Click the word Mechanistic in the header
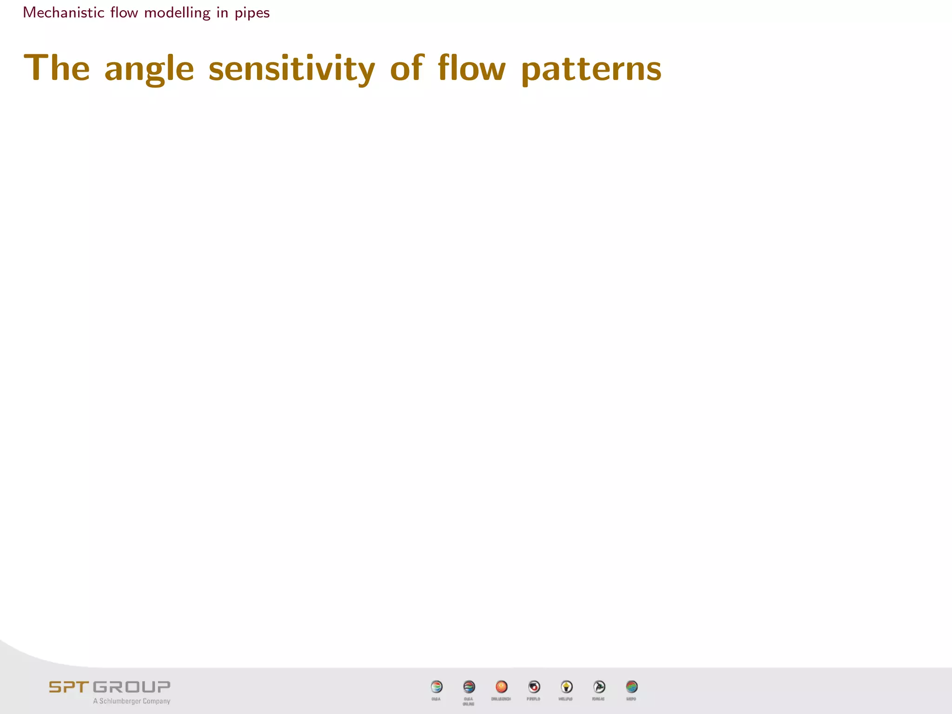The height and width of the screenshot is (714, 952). pyautogui.click(x=64, y=13)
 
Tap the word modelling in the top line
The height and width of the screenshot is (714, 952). pyautogui.click(x=177, y=13)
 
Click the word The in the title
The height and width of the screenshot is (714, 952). pyautogui.click(x=57, y=68)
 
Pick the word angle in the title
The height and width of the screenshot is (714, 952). pyautogui.click(x=149, y=69)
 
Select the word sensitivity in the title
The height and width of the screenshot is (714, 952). pyautogui.click(x=291, y=69)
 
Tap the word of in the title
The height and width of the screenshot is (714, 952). pyautogui.click(x=407, y=68)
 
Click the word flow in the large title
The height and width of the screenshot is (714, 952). pyautogui.click(x=471, y=68)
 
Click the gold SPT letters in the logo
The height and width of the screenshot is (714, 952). pyautogui.click(x=69, y=687)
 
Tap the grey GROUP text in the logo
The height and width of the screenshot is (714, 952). pyautogui.click(x=132, y=687)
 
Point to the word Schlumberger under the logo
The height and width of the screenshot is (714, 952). pyautogui.click(x=119, y=701)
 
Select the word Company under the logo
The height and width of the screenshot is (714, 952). pyautogui.click(x=156, y=701)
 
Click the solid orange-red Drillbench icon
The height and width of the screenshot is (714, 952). pyautogui.click(x=501, y=687)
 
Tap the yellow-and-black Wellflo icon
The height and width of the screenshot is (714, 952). pyautogui.click(x=566, y=687)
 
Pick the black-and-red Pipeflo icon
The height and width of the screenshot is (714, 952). pyautogui.click(x=534, y=687)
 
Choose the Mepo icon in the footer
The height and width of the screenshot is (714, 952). pyautogui.click(x=631, y=687)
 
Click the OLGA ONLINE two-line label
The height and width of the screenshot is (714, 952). pyautogui.click(x=469, y=701)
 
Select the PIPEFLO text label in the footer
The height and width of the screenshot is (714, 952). pyautogui.click(x=534, y=699)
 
